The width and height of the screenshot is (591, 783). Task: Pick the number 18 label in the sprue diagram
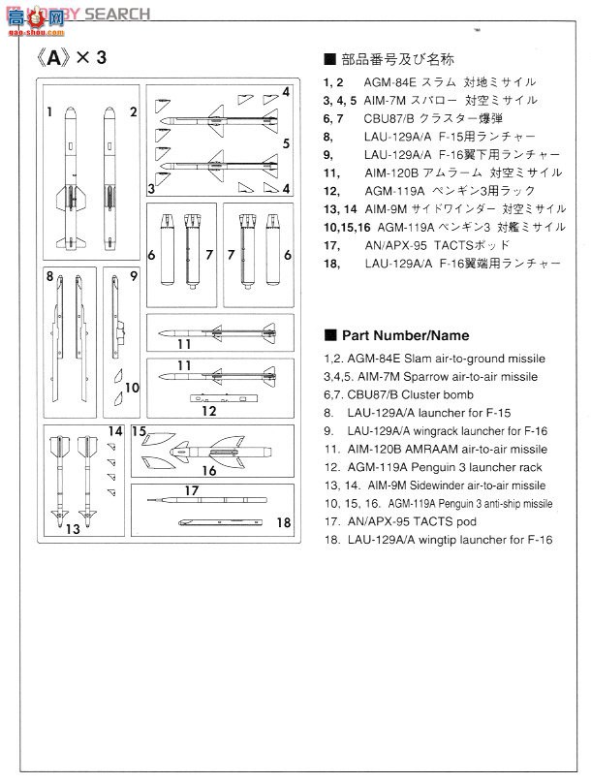283,523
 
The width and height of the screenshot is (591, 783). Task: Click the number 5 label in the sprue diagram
287,143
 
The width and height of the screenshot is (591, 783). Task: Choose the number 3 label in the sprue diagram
152,187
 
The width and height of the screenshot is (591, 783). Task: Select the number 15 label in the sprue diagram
139,431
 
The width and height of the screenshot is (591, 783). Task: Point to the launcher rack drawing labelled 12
229,397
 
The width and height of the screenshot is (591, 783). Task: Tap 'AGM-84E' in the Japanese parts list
389,82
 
